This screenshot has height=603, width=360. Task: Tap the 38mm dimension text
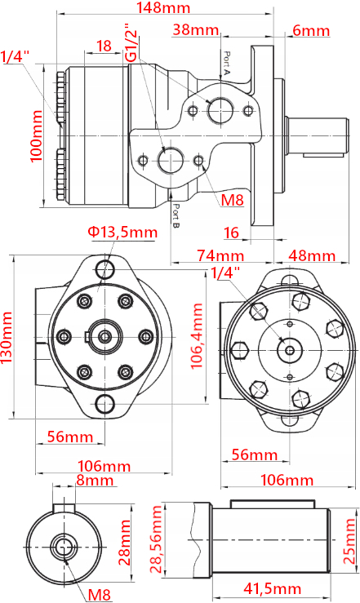point(196,29)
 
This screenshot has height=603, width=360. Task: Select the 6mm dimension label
point(311,30)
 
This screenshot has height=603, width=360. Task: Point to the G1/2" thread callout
point(131,42)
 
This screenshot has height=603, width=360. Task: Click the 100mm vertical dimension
point(36,135)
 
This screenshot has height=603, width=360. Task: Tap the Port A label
point(227,64)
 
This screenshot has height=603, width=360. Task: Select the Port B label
point(176,216)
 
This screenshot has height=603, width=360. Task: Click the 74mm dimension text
point(220,255)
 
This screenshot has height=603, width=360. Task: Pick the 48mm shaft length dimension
point(312,255)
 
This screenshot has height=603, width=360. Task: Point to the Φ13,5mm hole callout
point(122,233)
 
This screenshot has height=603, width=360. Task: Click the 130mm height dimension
point(7,338)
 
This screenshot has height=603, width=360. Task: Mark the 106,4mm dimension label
point(197,335)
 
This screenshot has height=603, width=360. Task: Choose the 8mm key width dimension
point(95,481)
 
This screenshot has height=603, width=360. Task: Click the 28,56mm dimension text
point(157,539)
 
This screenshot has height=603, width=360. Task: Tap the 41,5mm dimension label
point(273,588)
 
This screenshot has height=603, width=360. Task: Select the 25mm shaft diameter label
point(349,541)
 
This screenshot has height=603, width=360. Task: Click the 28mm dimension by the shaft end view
point(124,543)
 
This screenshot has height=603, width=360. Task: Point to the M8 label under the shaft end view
point(100,595)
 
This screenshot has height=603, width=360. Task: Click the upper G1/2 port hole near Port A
point(220,109)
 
